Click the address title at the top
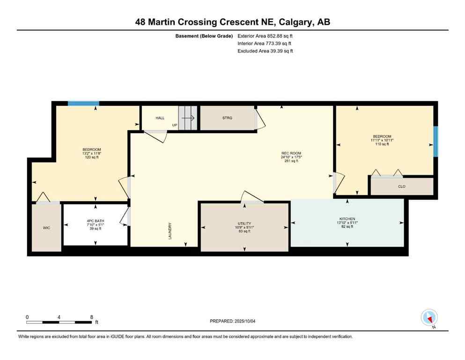coord(232,22)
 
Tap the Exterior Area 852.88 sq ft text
coord(265,36)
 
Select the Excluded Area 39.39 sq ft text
coord(265,51)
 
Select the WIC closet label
coord(46,228)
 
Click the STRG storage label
coord(227,118)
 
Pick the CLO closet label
coord(401,187)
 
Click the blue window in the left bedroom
coord(83,104)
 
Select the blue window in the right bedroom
coord(435,142)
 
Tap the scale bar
coord(59,322)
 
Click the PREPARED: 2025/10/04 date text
coord(232,321)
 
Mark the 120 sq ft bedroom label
coord(91,153)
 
